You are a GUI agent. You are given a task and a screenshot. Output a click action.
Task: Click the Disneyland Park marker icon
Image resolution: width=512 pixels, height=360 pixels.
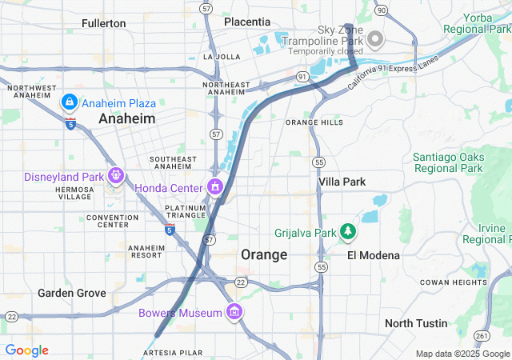click(116, 175)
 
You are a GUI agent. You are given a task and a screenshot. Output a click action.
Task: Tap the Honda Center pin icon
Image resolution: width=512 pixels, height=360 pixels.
click(214, 187)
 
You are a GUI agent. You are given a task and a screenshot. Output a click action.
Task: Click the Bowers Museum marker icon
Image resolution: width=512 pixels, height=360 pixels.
click(234, 312)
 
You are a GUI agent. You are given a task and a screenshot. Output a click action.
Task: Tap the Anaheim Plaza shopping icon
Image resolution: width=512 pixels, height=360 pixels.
click(69, 102)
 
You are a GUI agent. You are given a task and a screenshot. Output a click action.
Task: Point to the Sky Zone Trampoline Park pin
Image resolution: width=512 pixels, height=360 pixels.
click(374, 38)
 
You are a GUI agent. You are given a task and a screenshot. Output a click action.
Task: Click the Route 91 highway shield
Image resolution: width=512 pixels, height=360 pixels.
click(302, 76)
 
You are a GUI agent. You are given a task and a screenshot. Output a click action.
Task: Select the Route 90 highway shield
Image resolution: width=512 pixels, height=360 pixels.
click(381, 10)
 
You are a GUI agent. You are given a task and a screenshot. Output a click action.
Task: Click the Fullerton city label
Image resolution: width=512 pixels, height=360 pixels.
click(104, 23)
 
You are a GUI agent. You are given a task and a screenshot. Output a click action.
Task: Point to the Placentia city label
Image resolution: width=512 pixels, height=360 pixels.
click(247, 22)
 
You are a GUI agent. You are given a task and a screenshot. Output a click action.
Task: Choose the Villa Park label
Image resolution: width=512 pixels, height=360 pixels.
click(342, 182)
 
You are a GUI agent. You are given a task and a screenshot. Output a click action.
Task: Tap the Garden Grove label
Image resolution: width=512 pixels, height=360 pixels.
click(72, 293)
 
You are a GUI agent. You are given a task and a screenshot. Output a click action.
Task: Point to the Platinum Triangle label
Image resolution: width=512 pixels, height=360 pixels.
click(186, 213)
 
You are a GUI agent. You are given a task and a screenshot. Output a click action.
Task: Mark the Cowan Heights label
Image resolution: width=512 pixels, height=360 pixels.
click(453, 282)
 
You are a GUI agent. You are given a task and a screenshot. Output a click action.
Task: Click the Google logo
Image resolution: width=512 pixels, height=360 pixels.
click(26, 350)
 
